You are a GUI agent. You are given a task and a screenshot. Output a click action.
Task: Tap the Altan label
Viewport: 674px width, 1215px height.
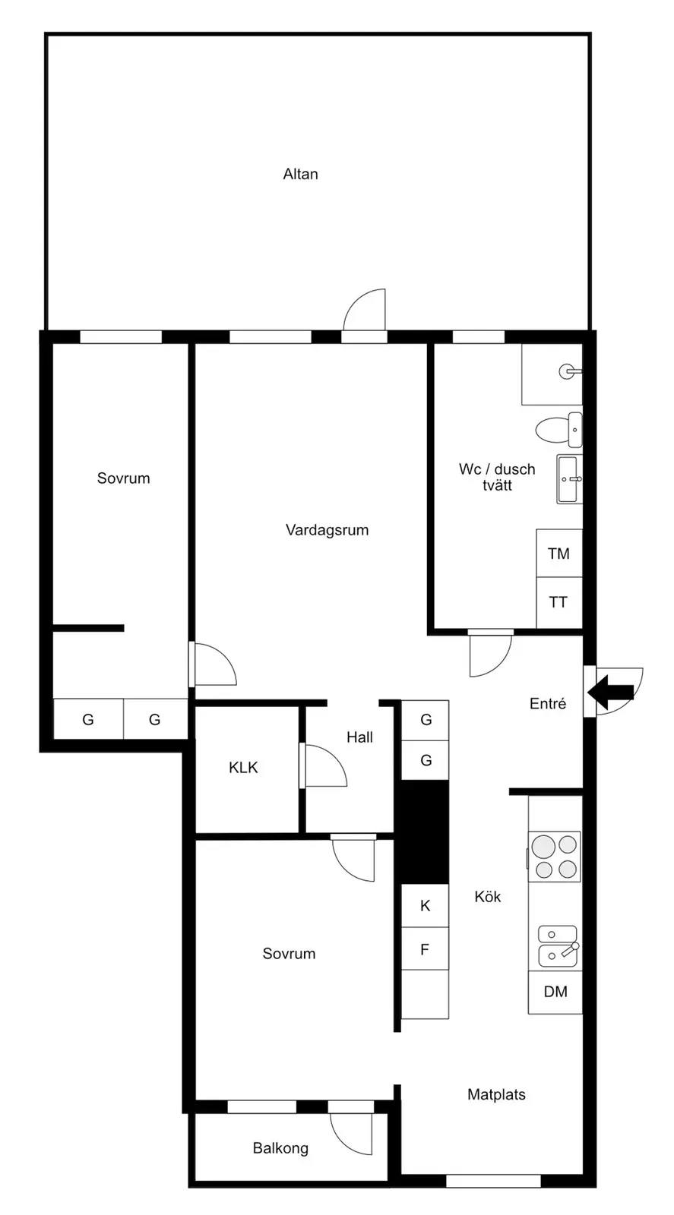pyautogui.click(x=301, y=174)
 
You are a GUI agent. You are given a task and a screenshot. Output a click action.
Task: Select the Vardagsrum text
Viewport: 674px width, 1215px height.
pyautogui.click(x=328, y=530)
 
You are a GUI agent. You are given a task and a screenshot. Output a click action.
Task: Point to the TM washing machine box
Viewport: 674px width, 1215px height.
pyautogui.click(x=559, y=554)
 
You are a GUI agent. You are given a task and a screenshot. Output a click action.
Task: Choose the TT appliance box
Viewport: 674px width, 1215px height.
pyautogui.click(x=559, y=602)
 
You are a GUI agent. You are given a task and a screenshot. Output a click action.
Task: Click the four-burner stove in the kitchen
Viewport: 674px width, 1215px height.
pyautogui.click(x=555, y=857)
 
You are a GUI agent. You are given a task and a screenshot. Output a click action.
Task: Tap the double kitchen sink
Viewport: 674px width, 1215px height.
pyautogui.click(x=558, y=946)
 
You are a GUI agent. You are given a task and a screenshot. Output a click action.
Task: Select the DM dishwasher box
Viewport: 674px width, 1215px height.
pyautogui.click(x=555, y=992)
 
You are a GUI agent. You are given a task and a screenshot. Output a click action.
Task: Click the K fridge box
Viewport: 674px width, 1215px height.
pyautogui.click(x=425, y=905)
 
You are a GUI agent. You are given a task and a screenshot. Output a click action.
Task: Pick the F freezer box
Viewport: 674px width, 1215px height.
pyautogui.click(x=425, y=949)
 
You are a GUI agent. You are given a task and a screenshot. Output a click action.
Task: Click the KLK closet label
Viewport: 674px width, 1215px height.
pyautogui.click(x=243, y=768)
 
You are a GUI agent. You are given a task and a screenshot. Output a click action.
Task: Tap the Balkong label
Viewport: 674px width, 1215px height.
pyautogui.click(x=280, y=1148)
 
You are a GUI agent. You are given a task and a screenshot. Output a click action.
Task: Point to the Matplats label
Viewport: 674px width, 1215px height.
pyautogui.click(x=496, y=1094)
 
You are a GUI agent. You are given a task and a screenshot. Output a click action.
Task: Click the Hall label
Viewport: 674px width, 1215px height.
pyautogui.click(x=359, y=737)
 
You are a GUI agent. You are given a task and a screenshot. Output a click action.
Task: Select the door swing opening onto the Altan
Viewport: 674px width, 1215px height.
pyautogui.click(x=364, y=309)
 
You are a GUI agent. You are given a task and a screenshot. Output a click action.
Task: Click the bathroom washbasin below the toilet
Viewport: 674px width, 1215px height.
pyautogui.click(x=569, y=479)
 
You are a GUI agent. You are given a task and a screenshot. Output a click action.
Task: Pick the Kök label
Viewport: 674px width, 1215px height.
pyautogui.click(x=487, y=897)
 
